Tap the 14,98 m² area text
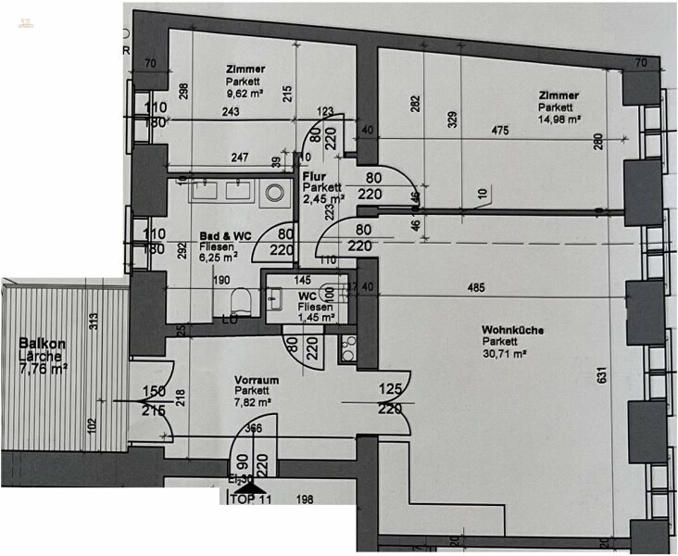(560, 119)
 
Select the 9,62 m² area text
(246, 94)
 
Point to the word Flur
(313, 174)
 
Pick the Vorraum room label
(257, 380)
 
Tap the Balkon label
(40, 342)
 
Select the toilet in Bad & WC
(241, 298)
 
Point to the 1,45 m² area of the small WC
(309, 318)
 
